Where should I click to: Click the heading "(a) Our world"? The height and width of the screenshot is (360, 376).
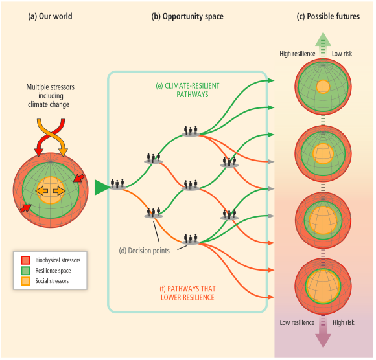click(50, 16)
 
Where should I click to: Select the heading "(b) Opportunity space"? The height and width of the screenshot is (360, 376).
click(187, 17)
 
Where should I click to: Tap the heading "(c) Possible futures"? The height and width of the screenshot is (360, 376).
click(328, 16)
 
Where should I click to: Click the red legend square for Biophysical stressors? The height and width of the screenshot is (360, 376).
click(25, 260)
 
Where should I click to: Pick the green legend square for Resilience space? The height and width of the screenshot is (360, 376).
click(25, 271)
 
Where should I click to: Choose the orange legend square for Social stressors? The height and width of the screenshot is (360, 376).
click(25, 281)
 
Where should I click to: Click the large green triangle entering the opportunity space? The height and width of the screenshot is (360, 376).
click(102, 187)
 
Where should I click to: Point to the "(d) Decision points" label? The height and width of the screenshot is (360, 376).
click(144, 251)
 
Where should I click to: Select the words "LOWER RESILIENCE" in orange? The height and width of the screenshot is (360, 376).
click(187, 297)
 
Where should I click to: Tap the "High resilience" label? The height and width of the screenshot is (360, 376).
click(298, 54)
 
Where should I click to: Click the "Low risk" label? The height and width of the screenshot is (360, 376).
click(342, 54)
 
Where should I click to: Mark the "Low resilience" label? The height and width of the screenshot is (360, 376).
click(297, 322)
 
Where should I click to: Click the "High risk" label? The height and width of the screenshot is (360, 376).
click(344, 323)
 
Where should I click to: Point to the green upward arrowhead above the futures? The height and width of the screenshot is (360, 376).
click(323, 39)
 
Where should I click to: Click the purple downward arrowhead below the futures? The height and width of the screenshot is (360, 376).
click(323, 341)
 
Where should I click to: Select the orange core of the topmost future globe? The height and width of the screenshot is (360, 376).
click(323, 87)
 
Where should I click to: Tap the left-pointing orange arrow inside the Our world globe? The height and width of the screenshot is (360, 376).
click(41, 191)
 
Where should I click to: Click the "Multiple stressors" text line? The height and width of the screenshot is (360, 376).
click(51, 87)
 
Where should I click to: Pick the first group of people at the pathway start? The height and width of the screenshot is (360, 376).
click(117, 185)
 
